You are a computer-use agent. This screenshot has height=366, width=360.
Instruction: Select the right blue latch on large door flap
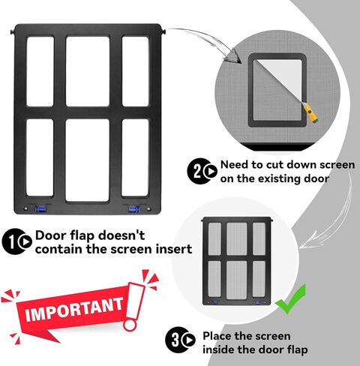point(135,209)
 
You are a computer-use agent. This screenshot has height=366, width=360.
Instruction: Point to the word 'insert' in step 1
point(171,249)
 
